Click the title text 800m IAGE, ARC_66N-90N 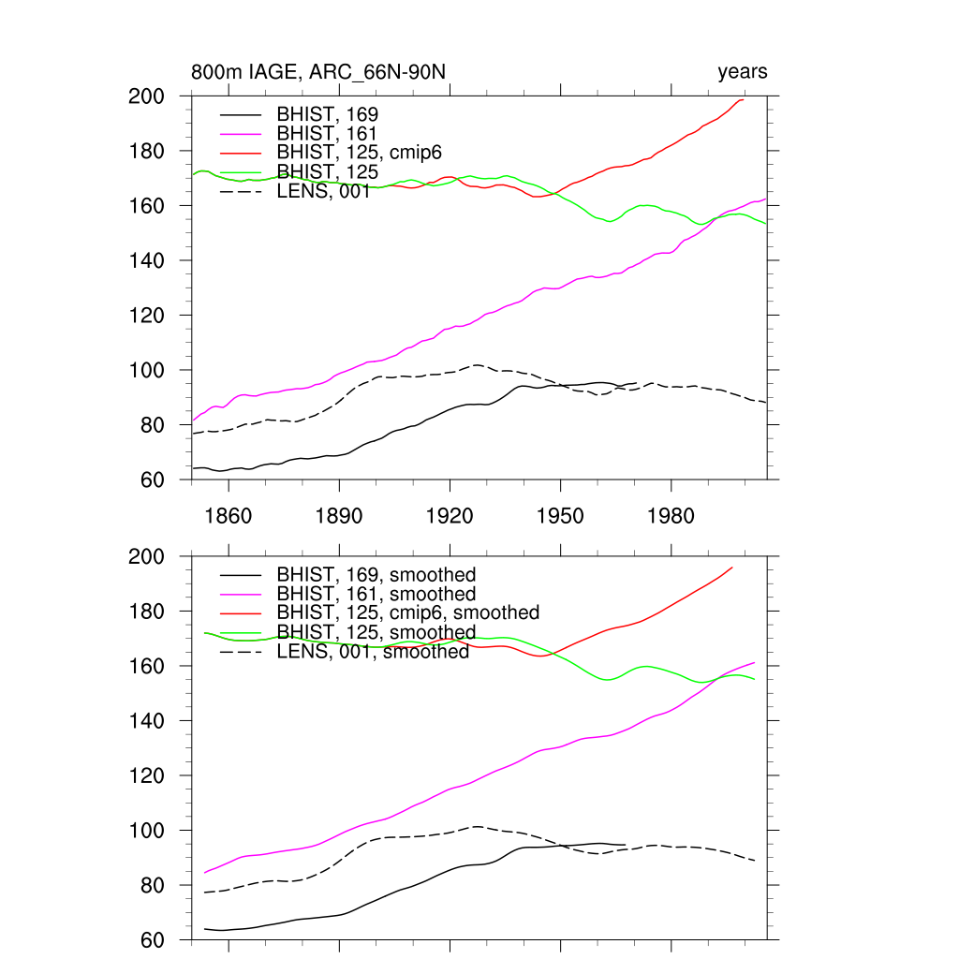point(324,72)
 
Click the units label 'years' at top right point(742,72)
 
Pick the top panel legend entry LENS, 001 point(323,192)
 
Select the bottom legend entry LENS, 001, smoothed point(372,652)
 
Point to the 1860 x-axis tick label point(228,516)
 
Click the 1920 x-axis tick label point(450,516)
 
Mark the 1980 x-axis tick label point(671,516)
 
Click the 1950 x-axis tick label point(560,516)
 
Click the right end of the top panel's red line point(744,99)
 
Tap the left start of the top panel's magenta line point(193,420)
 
